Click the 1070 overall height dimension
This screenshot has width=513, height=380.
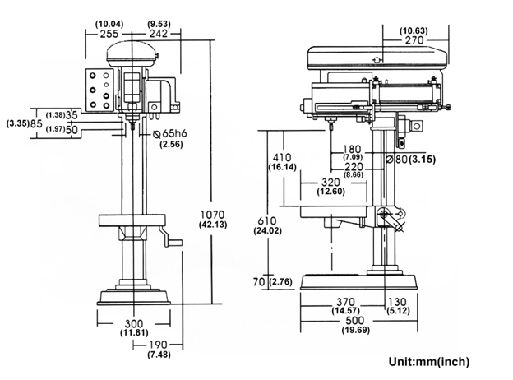pyautogui.click(x=213, y=215)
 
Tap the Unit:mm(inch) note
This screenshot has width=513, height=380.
pyautogui.click(x=429, y=362)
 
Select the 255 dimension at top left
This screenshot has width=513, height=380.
pyautogui.click(x=109, y=34)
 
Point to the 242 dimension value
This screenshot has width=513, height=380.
pyautogui.click(x=159, y=34)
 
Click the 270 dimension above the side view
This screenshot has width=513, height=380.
pyautogui.click(x=414, y=40)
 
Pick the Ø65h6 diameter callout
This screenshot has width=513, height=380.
pyautogui.click(x=170, y=133)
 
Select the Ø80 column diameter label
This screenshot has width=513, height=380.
pyautogui.click(x=397, y=160)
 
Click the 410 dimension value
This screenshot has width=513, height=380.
pyautogui.click(x=282, y=157)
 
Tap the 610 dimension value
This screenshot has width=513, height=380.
pyautogui.click(x=267, y=221)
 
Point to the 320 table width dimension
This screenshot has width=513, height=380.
pyautogui.click(x=330, y=183)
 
